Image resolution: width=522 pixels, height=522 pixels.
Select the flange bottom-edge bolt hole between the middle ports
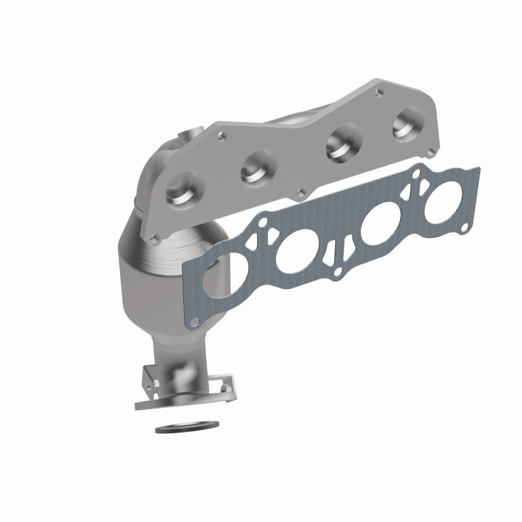pyautogui.click(x=299, y=192)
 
